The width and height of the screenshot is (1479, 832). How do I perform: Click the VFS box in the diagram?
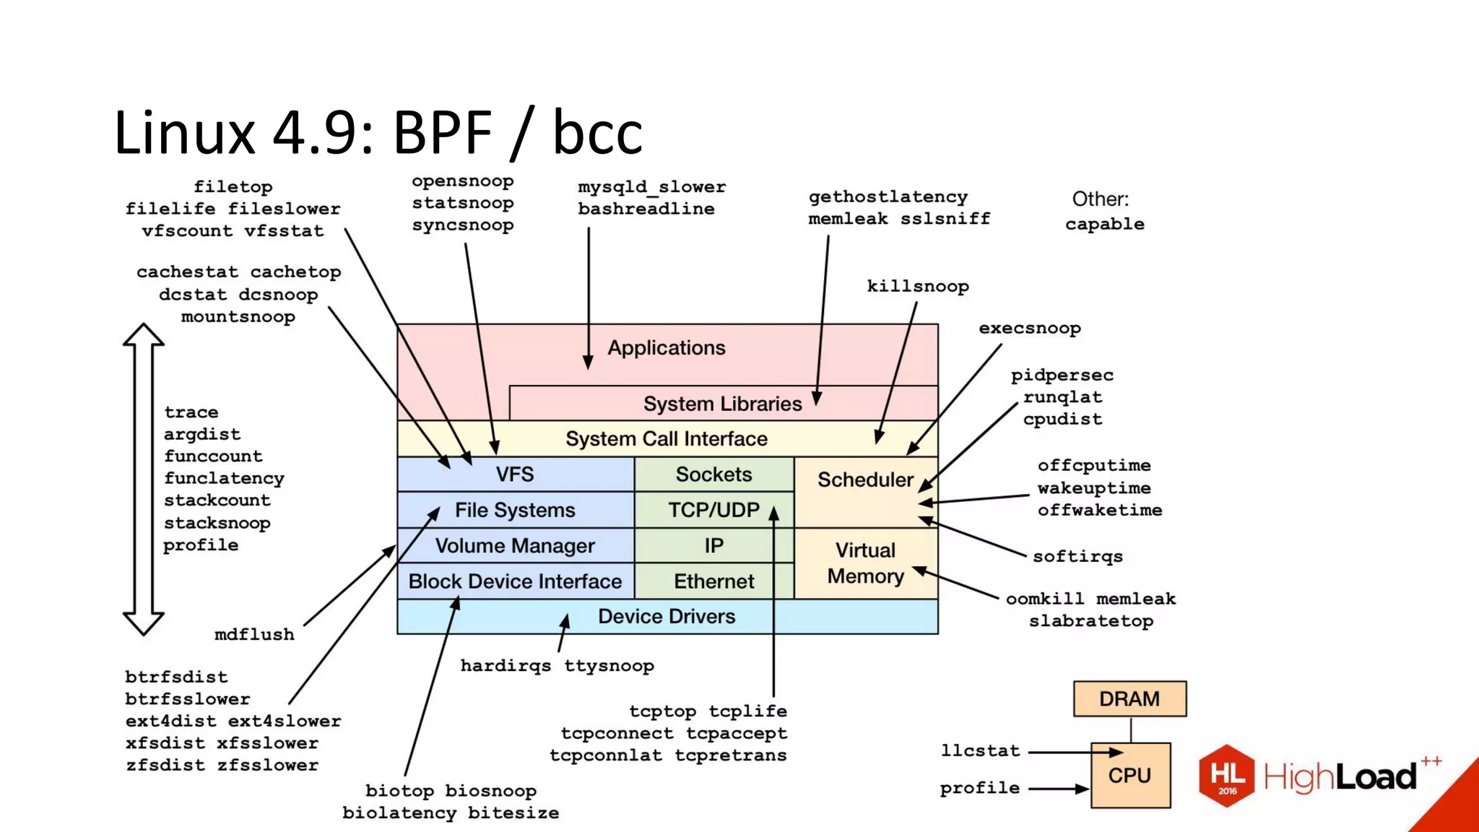pyautogui.click(x=515, y=474)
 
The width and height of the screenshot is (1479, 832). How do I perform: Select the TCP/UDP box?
pyautogui.click(x=714, y=510)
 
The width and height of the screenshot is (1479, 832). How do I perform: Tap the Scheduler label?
pyautogui.click(x=865, y=480)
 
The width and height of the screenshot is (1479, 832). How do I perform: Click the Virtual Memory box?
pyautogui.click(x=865, y=563)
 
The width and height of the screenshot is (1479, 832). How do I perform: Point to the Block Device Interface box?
pyautogui.click(x=515, y=581)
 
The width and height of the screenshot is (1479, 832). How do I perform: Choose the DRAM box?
pyautogui.click(x=1129, y=698)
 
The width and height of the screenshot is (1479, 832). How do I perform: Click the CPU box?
pyautogui.click(x=1129, y=775)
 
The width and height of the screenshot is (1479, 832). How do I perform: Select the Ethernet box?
pyautogui.click(x=714, y=581)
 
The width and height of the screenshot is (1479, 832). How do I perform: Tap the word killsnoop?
pyautogui.click(x=917, y=286)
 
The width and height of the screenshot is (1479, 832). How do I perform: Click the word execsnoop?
pyautogui.click(x=1029, y=328)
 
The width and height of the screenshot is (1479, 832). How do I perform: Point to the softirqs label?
pyautogui.click(x=1077, y=556)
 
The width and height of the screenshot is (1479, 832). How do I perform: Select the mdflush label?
pyautogui.click(x=254, y=634)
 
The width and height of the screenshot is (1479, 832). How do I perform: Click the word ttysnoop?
pyautogui.click(x=609, y=666)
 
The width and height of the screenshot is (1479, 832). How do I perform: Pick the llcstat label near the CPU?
pyautogui.click(x=980, y=751)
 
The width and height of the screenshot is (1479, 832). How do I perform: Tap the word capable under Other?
pyautogui.click(x=1104, y=224)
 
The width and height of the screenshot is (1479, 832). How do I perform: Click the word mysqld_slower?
pyautogui.click(x=651, y=187)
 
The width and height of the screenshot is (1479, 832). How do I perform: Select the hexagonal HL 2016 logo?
pyautogui.click(x=1227, y=776)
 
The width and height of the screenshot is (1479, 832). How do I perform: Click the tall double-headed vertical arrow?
pyautogui.click(x=143, y=479)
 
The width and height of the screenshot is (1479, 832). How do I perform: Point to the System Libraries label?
pyautogui.click(x=722, y=404)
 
